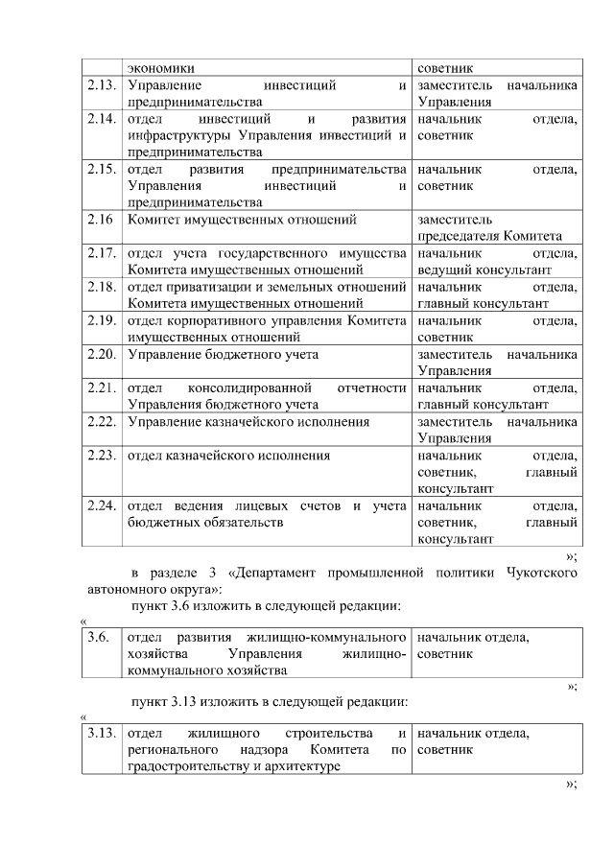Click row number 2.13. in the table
[101, 86]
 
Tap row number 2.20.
[101, 354]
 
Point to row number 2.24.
[101, 505]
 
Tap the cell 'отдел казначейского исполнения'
[228, 456]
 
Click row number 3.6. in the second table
[98, 637]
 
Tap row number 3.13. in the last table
[101, 734]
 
